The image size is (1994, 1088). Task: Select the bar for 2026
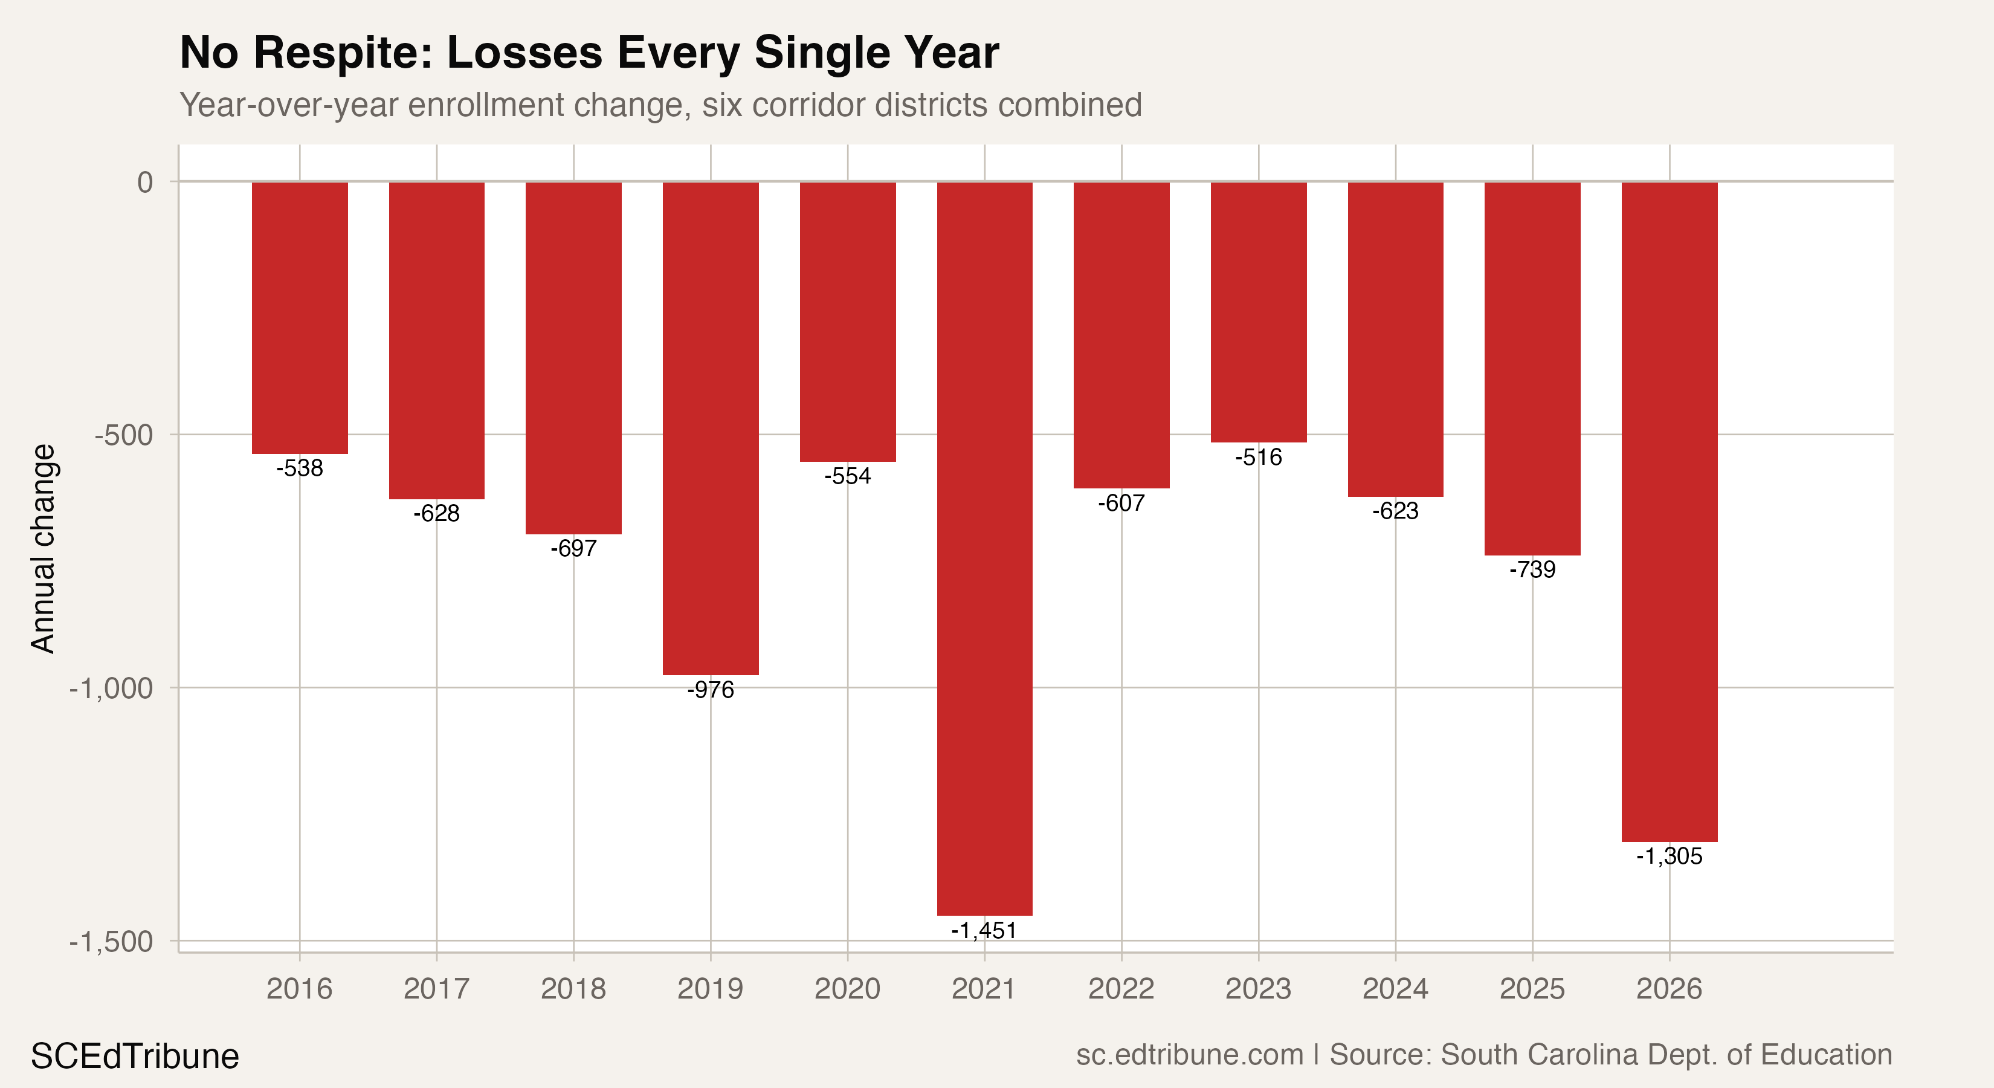[x=1669, y=511]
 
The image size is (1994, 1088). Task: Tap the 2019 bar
[x=710, y=428]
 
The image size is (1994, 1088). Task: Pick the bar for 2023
[x=1258, y=312]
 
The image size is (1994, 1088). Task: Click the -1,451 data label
[x=984, y=930]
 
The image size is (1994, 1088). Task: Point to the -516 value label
[x=1258, y=457]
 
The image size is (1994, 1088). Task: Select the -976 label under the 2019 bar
[x=710, y=689]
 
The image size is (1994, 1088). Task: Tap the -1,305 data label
[x=1669, y=856]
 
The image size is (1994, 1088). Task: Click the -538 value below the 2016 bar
[x=300, y=468]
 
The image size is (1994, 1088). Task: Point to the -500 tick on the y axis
[x=124, y=435]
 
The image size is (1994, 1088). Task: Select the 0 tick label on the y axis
[x=146, y=183]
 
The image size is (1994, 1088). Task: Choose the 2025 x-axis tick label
[x=1532, y=989]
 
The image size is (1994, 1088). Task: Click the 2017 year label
[x=437, y=989]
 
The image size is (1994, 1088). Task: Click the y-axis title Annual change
[x=44, y=548]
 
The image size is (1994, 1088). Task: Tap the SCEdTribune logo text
[x=135, y=1056]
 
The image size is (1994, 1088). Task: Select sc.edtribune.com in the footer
[x=1189, y=1055]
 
